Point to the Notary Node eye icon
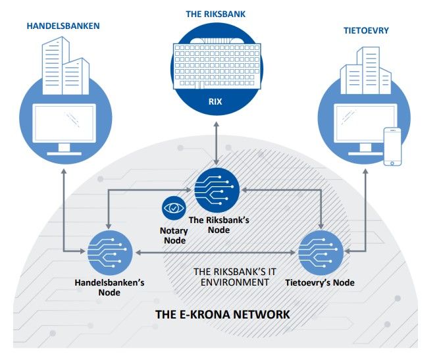174,209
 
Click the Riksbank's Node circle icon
217,189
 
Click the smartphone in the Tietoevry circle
393,147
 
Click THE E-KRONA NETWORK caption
222,314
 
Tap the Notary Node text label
174,235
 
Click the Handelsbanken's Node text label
109,287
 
